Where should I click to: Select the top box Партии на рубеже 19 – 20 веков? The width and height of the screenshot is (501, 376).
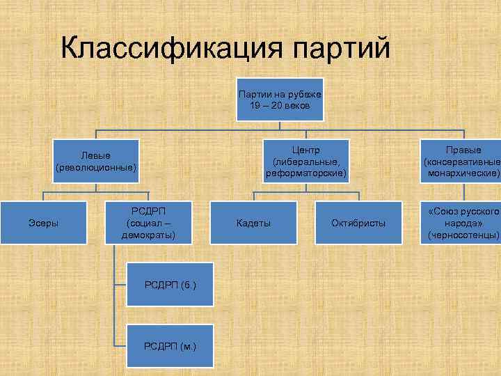(279, 100)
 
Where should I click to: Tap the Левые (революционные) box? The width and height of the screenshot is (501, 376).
(96, 161)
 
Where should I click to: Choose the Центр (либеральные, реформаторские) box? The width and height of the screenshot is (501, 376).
(305, 161)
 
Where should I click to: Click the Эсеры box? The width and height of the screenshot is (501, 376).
(43, 222)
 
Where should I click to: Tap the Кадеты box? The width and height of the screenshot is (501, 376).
(253, 222)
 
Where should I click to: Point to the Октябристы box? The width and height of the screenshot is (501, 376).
(358, 222)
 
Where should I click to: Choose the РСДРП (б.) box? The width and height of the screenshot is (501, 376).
(170, 284)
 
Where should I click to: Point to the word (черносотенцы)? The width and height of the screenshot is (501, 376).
(464, 235)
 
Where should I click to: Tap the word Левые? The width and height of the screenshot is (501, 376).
(96, 155)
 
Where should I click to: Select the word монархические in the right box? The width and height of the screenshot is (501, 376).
(463, 172)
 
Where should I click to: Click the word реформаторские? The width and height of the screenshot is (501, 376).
(305, 172)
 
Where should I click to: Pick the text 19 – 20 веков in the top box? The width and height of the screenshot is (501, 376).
(279, 105)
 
